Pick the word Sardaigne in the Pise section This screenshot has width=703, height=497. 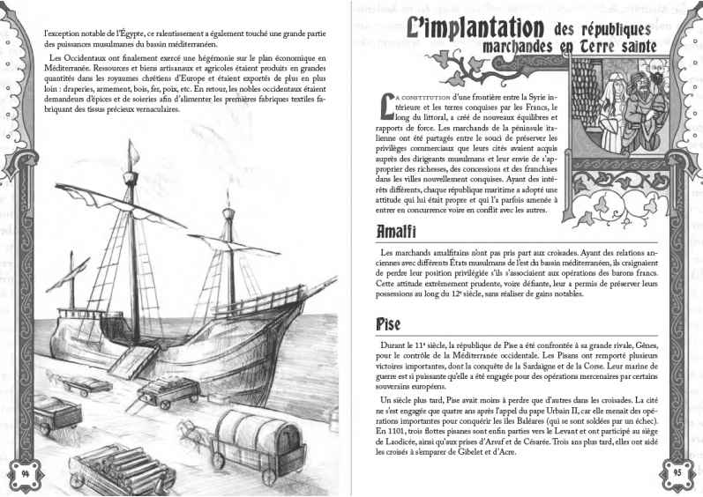[x=541, y=372]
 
